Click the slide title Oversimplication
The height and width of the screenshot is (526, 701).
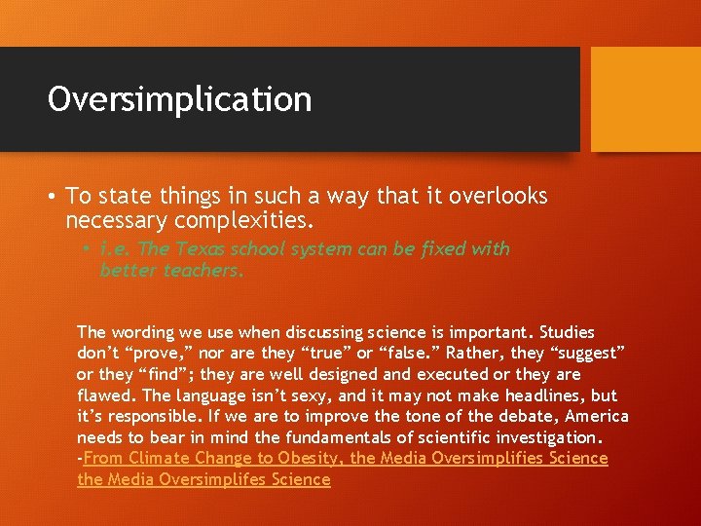pyautogui.click(x=179, y=99)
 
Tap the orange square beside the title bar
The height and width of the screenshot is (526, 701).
pyautogui.click(x=646, y=99)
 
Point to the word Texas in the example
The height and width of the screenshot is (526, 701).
pyautogui.click(x=192, y=248)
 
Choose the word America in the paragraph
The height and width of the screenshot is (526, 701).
pyautogui.click(x=596, y=417)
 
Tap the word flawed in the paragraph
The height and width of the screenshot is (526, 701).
pyautogui.click(x=106, y=395)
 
